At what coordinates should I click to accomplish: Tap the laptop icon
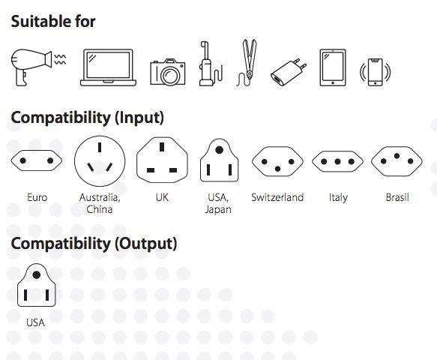108,67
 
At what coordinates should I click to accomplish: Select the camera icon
167,72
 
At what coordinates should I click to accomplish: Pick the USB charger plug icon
289,72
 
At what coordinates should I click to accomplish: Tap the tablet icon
333,67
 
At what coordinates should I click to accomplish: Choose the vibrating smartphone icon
375,72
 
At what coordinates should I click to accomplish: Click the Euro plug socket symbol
37,160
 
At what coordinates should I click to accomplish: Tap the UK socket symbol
162,160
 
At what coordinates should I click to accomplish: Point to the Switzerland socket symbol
277,161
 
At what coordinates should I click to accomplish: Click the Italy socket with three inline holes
337,161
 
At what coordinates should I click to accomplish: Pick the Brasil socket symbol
397,161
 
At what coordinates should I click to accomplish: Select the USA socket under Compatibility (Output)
37,285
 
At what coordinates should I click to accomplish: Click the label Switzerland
277,197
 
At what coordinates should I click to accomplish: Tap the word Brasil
397,197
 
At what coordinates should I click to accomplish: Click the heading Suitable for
53,22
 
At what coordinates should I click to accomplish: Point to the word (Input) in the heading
139,118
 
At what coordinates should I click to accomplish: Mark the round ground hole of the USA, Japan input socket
220,150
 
